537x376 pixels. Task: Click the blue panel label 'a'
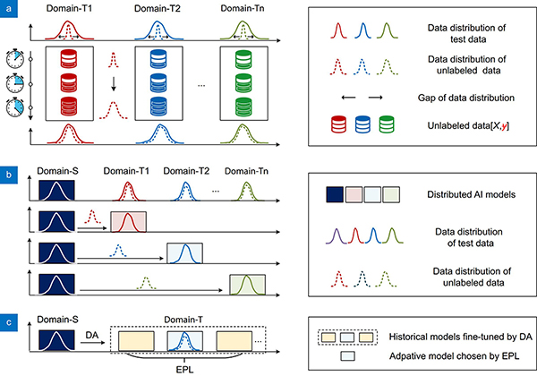[9, 9]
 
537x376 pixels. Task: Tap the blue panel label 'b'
[9, 175]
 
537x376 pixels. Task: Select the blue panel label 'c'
[9, 322]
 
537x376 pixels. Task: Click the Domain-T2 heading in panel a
[158, 9]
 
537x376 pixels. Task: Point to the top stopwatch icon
[15, 59]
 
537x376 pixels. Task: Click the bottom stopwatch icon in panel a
[15, 107]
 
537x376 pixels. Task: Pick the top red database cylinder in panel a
[69, 58]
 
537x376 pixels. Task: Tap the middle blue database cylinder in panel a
[158, 83]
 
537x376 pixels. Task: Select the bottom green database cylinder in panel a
[243, 107]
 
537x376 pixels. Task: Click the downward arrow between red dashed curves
[114, 84]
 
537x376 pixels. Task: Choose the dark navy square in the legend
[335, 194]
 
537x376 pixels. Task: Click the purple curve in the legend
[337, 236]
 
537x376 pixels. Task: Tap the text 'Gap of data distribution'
[465, 98]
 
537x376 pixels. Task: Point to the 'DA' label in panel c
[92, 335]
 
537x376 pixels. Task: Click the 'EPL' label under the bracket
[184, 370]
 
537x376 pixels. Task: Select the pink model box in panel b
[128, 222]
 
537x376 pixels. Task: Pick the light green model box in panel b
[247, 285]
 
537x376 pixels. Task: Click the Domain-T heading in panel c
[183, 320]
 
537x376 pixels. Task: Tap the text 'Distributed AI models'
[472, 194]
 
